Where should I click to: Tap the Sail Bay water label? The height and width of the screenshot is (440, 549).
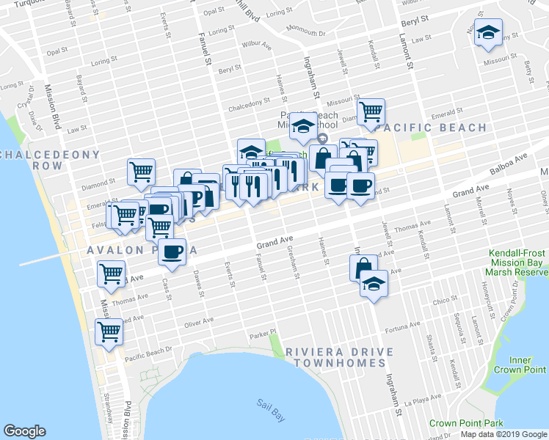[x=271, y=403]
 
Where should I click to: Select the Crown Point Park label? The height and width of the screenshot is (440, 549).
[x=466, y=423]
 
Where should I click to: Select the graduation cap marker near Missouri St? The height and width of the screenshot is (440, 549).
[x=487, y=34]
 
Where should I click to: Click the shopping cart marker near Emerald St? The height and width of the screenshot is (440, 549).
[x=371, y=112]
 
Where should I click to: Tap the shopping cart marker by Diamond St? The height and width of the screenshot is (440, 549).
[x=141, y=172]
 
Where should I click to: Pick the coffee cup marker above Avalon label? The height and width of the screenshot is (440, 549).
[x=172, y=252]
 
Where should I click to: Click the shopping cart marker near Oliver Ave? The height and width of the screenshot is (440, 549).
[x=109, y=331]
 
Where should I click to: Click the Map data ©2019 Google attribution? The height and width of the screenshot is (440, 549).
[x=503, y=434]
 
